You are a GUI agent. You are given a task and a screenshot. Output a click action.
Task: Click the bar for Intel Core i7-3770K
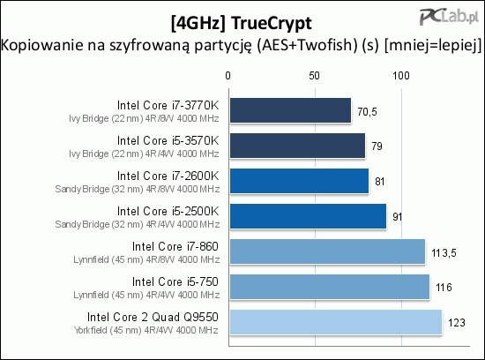(x=290, y=110)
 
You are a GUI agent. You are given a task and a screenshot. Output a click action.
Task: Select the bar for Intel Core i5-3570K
(x=297, y=146)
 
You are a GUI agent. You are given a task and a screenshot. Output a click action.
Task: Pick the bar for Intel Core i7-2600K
(x=299, y=181)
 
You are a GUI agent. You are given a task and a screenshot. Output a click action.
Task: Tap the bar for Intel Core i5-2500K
(x=308, y=216)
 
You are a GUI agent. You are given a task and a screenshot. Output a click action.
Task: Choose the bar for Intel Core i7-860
(x=327, y=251)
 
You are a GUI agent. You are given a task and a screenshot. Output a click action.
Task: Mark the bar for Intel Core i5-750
(x=330, y=287)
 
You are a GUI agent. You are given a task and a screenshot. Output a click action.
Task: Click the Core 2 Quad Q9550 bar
(x=336, y=322)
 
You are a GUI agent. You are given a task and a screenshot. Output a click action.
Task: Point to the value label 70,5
(x=367, y=112)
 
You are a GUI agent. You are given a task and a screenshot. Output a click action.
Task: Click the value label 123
(x=457, y=323)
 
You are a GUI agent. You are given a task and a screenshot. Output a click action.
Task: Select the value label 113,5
(x=444, y=253)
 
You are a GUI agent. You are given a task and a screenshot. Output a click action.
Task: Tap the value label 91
(x=397, y=217)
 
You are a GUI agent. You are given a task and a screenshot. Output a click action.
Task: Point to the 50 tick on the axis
(x=314, y=76)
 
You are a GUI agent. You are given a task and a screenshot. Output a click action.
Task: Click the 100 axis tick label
(x=401, y=76)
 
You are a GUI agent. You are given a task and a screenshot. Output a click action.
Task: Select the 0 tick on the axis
(x=228, y=76)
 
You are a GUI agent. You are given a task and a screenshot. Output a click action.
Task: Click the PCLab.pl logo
(x=449, y=17)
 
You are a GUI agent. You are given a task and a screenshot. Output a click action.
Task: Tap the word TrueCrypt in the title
(x=272, y=24)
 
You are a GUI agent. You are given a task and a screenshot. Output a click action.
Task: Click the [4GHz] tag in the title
(x=198, y=24)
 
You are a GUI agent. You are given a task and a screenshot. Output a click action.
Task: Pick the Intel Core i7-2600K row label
(x=168, y=176)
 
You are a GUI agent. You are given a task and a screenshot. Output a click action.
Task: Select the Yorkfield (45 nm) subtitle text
(x=108, y=330)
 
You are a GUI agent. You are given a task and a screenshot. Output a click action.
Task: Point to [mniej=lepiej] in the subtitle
(x=433, y=45)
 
